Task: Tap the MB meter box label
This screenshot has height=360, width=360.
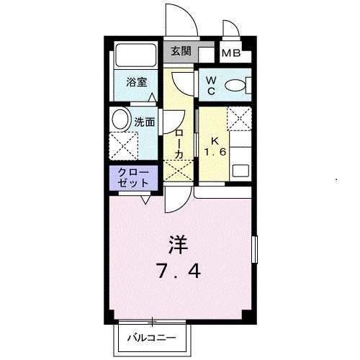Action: pyautogui.click(x=230, y=53)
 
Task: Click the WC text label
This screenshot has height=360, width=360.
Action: pyautogui.click(x=212, y=86)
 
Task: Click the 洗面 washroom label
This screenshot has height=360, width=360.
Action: pyautogui.click(x=145, y=122)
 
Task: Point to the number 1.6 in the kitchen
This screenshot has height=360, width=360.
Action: pyautogui.click(x=213, y=152)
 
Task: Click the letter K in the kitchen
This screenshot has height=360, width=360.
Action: pyautogui.click(x=213, y=140)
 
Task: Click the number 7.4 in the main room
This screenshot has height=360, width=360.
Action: pyautogui.click(x=181, y=271)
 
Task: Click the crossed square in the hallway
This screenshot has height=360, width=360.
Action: pyautogui.click(x=178, y=170)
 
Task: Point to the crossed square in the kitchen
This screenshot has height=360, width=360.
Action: pyautogui.click(x=239, y=118)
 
